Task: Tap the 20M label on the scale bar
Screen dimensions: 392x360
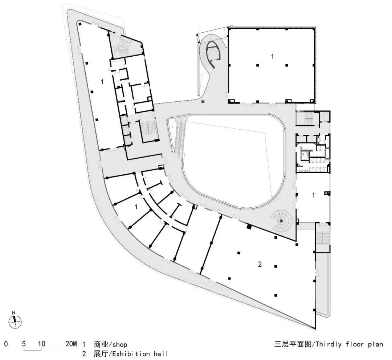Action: click(71, 344)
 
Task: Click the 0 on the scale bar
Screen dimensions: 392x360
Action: click(6, 344)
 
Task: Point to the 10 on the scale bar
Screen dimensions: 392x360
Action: click(41, 344)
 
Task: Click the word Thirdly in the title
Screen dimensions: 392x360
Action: click(330, 344)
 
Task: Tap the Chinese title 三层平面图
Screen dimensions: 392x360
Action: click(293, 344)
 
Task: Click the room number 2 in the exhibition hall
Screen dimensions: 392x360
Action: click(260, 264)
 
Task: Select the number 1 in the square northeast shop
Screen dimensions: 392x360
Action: click(272, 56)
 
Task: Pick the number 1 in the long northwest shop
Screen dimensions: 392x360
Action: click(102, 82)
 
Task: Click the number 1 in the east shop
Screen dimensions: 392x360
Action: click(314, 195)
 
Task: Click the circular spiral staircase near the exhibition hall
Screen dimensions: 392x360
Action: click(281, 220)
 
